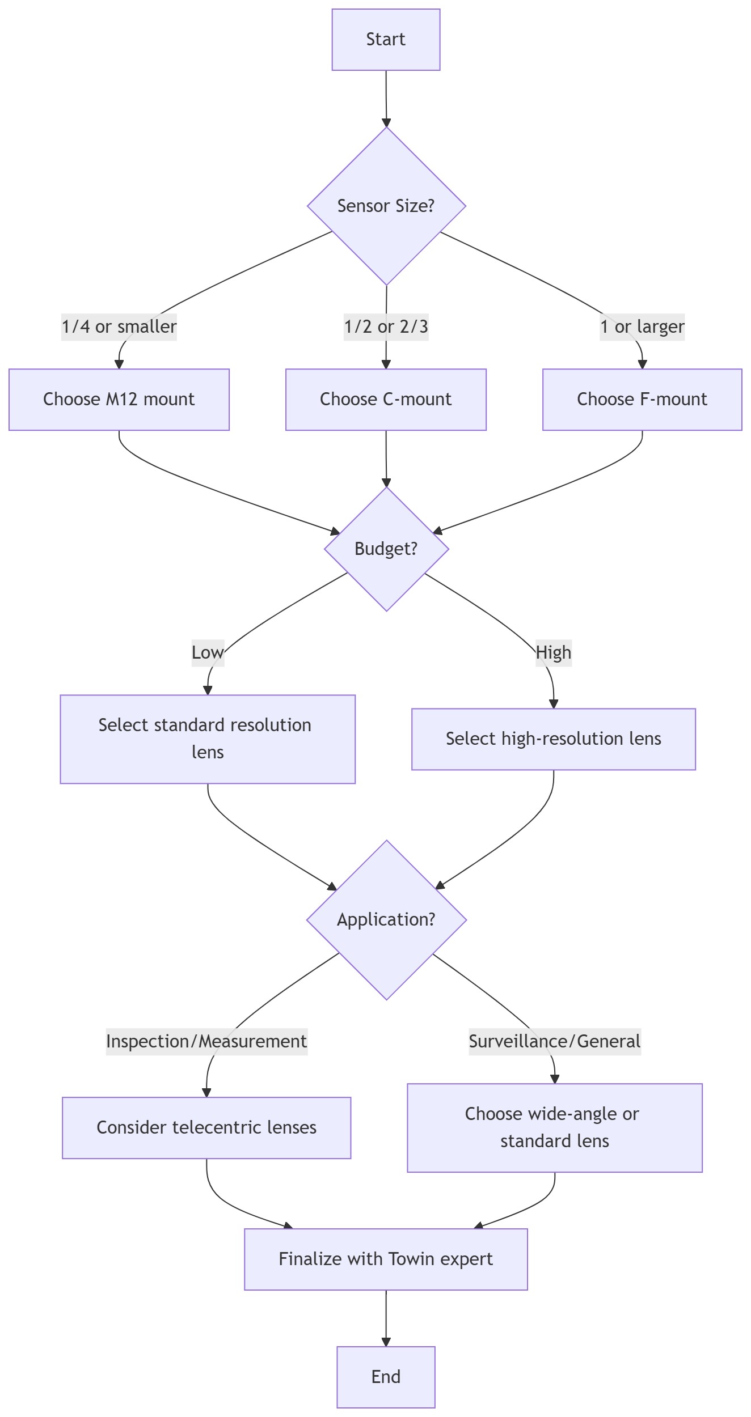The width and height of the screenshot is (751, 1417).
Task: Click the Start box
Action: (386, 40)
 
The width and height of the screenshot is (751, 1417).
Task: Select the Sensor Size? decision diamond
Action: (386, 206)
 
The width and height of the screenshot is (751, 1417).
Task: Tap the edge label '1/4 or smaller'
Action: (119, 327)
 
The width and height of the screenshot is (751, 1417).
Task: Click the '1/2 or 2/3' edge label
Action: (386, 327)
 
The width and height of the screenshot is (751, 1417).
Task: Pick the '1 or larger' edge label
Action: (642, 327)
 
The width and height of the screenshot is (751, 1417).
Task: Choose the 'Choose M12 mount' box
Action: (119, 400)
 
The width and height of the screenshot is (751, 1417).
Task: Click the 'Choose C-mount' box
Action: (386, 400)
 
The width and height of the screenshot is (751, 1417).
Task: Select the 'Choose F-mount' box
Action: (642, 400)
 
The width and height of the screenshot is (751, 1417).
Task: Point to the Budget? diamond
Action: (386, 549)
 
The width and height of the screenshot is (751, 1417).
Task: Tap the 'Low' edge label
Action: (208, 652)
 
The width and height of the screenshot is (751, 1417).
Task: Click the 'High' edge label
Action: (554, 652)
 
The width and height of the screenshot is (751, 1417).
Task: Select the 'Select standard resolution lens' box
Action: (208, 739)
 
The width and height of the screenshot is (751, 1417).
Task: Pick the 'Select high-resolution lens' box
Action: (554, 739)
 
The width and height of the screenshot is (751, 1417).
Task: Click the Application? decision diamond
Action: (386, 919)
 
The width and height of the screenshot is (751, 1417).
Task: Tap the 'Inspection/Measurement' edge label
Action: (206, 1041)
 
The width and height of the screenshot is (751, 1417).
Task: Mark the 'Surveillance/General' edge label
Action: (555, 1041)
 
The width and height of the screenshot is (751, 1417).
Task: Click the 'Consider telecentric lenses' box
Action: (206, 1127)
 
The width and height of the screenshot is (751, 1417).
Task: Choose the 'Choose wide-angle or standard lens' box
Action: (555, 1127)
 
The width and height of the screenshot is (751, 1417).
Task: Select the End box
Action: (386, 1377)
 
